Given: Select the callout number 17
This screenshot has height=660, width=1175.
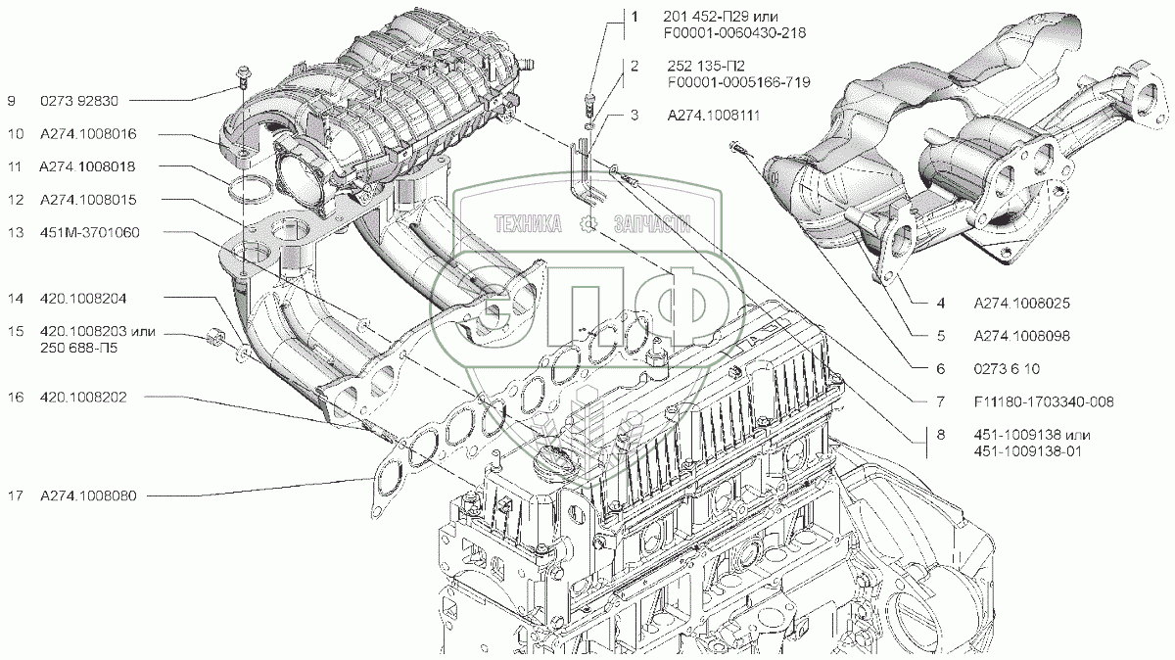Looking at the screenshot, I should pos(15,496).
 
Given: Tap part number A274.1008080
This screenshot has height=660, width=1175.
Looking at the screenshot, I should pos(88,496).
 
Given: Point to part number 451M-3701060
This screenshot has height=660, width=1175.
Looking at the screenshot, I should pos(89,233).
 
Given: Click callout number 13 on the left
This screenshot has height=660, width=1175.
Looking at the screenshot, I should pos(15,233).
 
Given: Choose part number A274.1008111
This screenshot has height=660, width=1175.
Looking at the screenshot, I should pos(716,116).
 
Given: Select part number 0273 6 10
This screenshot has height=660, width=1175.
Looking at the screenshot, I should pos(1005,368).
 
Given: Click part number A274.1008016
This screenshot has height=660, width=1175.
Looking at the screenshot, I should pos(88,133).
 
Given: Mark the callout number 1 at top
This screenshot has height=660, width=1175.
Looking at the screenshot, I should pos(634,18).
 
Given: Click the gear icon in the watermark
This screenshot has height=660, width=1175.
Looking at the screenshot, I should pos(587,225).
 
